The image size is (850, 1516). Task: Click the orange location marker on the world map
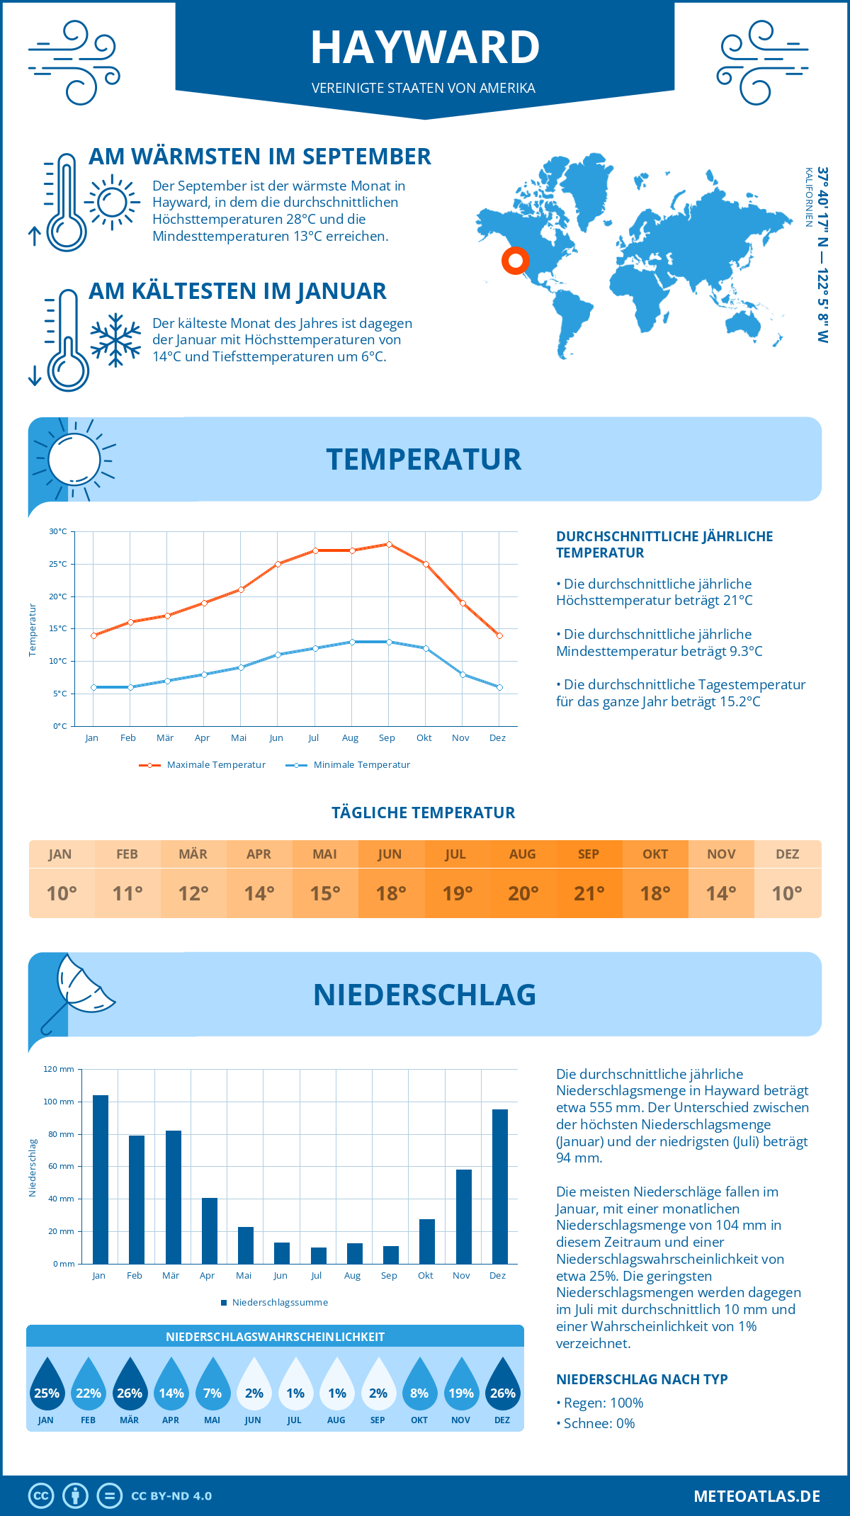point(516,261)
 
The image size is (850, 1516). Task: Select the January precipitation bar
point(101,1180)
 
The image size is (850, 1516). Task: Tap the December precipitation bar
point(500,1187)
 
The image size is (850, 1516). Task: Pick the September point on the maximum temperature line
point(389,544)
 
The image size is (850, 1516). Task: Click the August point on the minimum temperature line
point(352,642)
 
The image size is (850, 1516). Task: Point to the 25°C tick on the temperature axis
point(58,564)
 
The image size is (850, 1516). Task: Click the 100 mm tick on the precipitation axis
point(59,1102)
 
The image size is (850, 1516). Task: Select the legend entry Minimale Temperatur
point(348,765)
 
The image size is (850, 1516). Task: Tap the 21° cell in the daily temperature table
point(589,893)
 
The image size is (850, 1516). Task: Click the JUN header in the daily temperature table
point(390,854)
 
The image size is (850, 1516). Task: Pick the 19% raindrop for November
point(461,1384)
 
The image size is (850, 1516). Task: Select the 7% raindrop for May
point(212,1384)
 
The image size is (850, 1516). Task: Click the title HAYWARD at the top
point(425,47)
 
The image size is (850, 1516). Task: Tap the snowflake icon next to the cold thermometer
point(115,340)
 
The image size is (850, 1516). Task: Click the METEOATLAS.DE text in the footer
point(756,1496)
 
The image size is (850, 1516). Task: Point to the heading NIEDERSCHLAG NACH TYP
point(641,1379)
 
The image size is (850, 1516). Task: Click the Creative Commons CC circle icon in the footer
point(41,1496)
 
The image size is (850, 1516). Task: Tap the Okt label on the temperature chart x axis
point(424,737)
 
